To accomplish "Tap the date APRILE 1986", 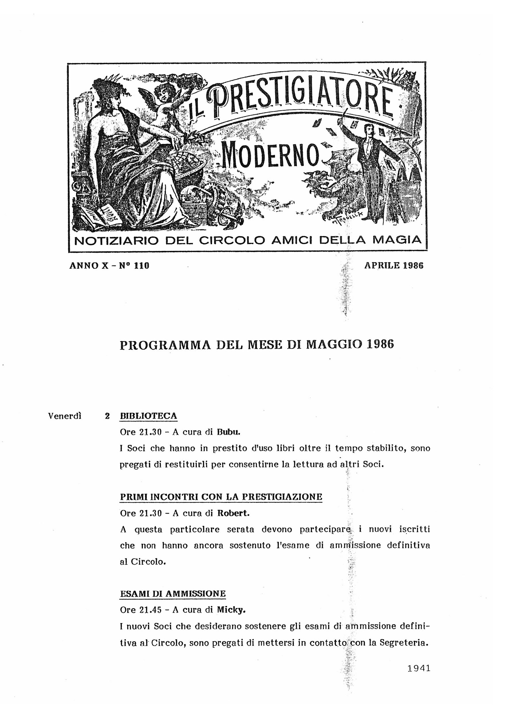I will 394,265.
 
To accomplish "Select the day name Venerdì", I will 65,416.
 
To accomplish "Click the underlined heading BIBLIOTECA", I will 149,416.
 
